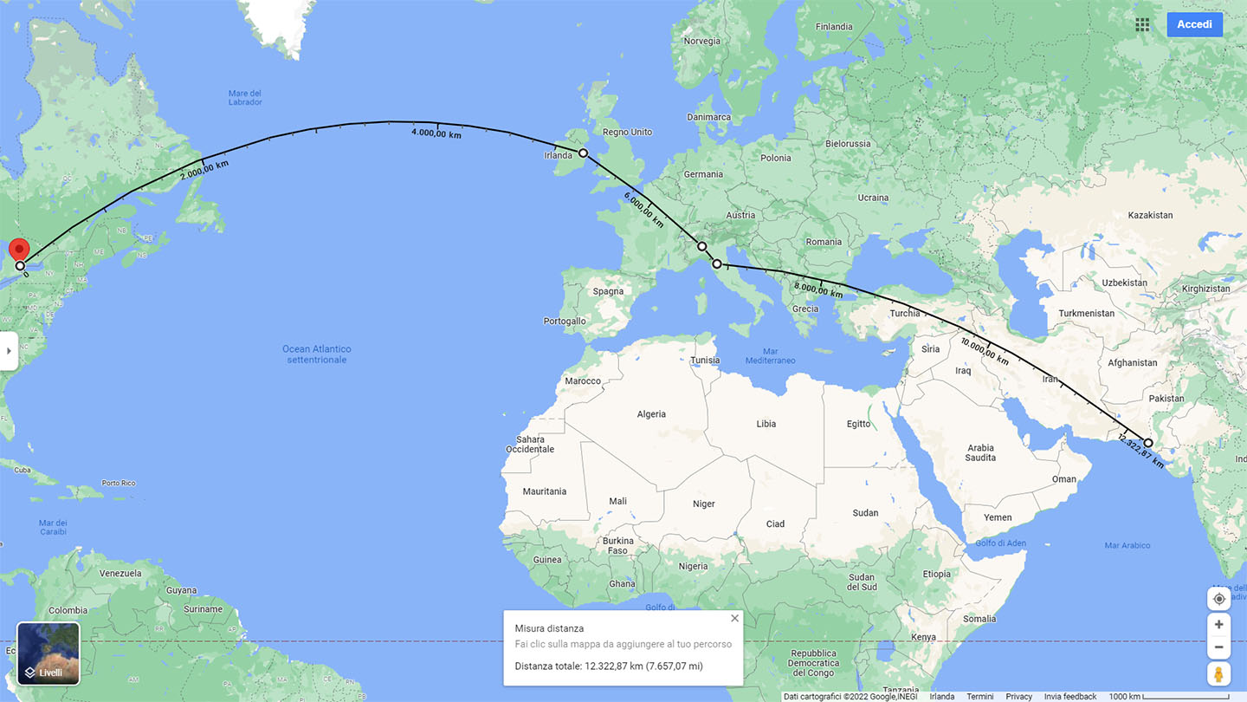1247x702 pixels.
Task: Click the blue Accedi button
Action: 1194,24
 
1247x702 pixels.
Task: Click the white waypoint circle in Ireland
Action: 583,153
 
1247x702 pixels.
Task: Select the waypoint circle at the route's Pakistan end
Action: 1148,443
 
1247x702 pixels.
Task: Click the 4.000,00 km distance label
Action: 436,133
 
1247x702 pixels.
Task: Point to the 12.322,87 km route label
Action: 1142,450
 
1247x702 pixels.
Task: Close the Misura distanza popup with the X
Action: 734,619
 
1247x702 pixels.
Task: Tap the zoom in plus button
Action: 1218,624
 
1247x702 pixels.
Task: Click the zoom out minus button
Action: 1218,647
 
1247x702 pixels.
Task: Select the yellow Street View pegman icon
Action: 1218,674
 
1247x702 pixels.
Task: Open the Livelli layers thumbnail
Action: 48,653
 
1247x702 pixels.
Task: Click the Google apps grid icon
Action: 1142,24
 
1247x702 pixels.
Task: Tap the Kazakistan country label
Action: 1150,215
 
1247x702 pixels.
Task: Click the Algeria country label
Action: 651,414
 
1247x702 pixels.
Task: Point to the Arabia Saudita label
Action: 980,452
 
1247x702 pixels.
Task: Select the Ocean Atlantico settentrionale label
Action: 317,354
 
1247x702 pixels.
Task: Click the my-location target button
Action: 1218,599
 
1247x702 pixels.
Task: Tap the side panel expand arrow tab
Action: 9,351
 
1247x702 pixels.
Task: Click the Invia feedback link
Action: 1070,697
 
